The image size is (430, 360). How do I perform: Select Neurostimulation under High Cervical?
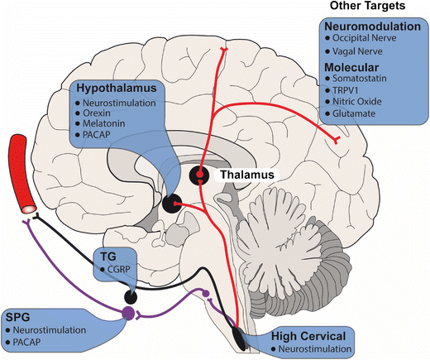[318, 349]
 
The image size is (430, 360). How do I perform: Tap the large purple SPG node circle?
[127, 313]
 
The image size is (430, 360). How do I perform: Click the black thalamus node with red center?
[201, 175]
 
